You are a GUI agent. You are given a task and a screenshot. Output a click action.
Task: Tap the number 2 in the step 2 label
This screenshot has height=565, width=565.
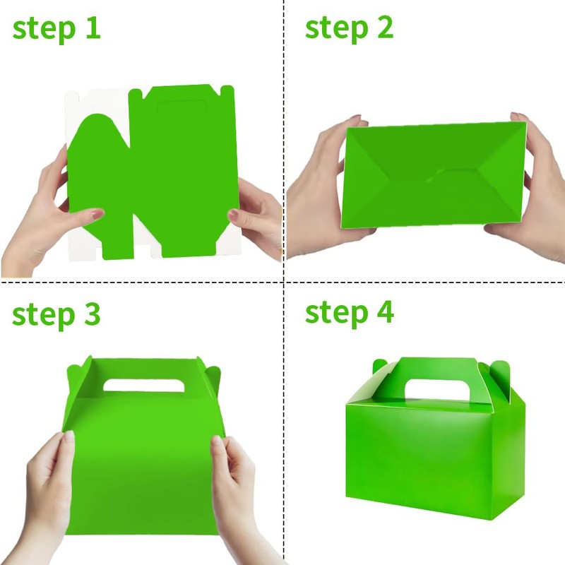pos(381,28)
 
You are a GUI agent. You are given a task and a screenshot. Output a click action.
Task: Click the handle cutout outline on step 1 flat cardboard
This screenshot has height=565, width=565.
pos(179,111)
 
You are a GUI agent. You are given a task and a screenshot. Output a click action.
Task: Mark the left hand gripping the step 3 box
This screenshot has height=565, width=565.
pos(49,487)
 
